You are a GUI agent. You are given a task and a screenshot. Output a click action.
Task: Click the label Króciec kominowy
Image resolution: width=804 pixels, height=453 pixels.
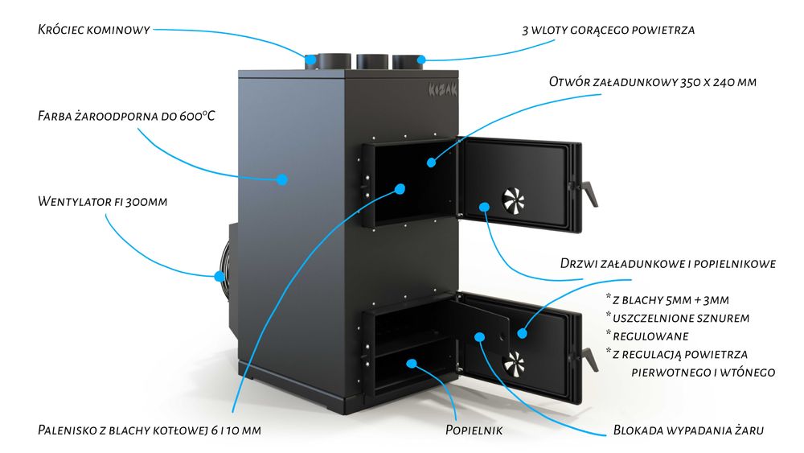click(94, 31)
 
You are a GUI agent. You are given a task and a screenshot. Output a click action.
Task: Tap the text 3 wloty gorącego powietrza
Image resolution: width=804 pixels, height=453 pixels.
click(607, 31)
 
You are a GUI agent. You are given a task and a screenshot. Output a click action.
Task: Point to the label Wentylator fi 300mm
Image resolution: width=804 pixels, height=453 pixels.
click(102, 200)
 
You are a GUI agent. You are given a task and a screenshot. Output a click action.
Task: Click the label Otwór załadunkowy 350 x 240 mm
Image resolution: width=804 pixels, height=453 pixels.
click(652, 82)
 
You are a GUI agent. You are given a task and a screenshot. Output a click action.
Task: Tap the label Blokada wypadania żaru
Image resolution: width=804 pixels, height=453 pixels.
click(687, 430)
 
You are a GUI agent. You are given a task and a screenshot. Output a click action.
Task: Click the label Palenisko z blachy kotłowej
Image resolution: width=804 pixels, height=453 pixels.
click(150, 430)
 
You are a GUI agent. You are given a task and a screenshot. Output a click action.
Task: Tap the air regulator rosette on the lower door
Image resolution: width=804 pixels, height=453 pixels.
click(515, 364)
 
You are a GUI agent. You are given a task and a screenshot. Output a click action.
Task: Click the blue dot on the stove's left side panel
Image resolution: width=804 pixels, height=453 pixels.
click(282, 179)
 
